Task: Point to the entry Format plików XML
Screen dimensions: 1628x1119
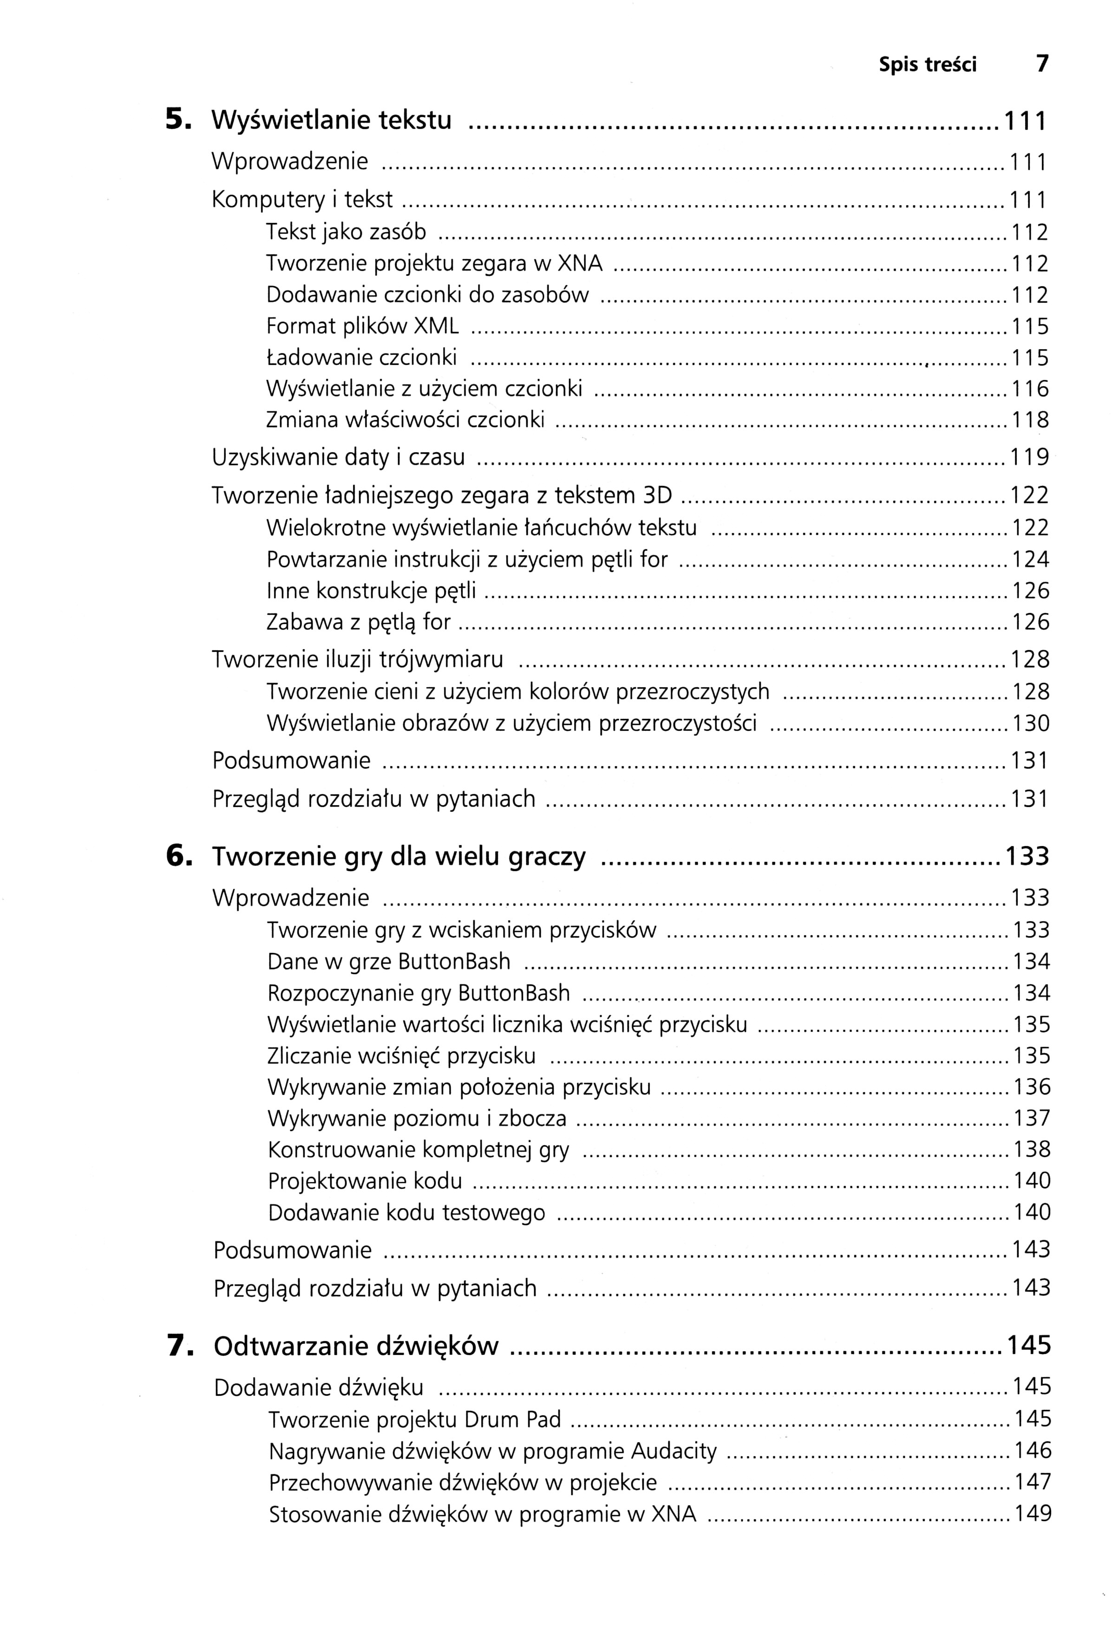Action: (362, 326)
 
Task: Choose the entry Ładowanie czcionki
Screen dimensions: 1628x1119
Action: (361, 358)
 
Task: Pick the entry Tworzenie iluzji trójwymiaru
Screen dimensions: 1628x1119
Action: (358, 659)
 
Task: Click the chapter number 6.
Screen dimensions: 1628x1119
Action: (178, 856)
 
